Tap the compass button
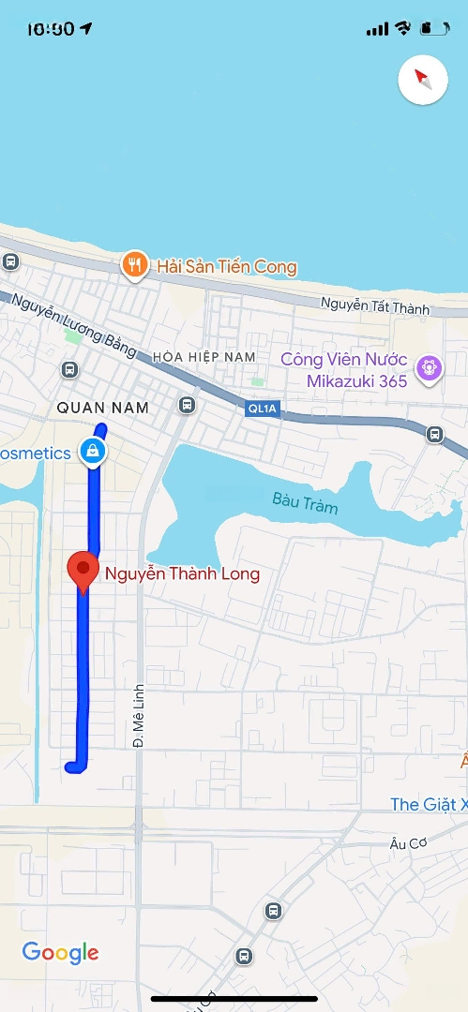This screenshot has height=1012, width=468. (423, 80)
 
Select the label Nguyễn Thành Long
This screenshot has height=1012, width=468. (182, 573)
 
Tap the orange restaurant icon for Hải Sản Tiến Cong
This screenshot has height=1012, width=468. (135, 265)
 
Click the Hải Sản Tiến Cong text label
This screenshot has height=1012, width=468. (226, 267)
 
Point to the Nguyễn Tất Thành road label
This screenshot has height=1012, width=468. (374, 306)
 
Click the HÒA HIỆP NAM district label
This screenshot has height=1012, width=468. (204, 357)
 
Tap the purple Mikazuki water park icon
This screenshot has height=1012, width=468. (430, 368)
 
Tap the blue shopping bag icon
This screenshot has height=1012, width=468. (92, 452)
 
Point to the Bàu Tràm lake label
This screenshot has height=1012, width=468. (305, 502)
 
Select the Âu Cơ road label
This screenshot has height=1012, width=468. (409, 842)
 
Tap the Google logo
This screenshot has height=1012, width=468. (60, 953)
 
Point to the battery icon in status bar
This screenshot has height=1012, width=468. (433, 28)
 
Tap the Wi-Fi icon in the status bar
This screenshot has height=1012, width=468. (403, 28)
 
